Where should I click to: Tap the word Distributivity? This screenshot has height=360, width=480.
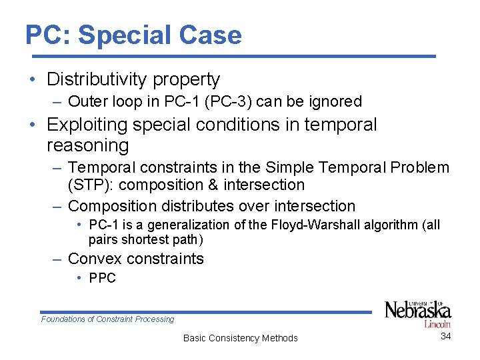97,79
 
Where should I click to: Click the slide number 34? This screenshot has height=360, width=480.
446,336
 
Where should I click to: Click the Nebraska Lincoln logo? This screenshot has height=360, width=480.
418,313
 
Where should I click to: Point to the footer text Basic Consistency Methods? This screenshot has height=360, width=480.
240,338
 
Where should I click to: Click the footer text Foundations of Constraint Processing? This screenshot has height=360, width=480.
107,319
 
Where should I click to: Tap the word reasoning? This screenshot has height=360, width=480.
87,145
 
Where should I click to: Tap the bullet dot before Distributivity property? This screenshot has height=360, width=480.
32,80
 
